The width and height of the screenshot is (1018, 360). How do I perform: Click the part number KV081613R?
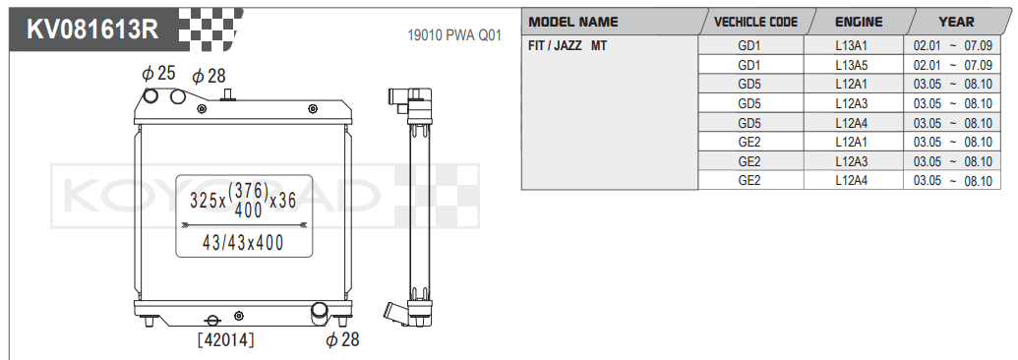click(x=91, y=30)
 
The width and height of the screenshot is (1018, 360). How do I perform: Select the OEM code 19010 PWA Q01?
click(x=453, y=35)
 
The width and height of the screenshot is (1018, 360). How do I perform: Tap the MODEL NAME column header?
click(x=573, y=22)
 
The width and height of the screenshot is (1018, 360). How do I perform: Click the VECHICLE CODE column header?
click(x=755, y=22)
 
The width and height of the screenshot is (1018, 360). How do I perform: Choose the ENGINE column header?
click(x=859, y=22)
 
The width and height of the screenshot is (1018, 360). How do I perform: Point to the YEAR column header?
click(x=956, y=22)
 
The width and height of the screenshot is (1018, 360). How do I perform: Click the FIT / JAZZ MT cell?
click(x=569, y=46)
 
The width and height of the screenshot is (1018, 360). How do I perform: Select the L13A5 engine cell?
click(x=852, y=65)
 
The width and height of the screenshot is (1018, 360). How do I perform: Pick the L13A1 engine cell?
click(x=852, y=46)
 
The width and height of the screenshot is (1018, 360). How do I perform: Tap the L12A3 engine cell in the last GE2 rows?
click(x=852, y=161)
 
